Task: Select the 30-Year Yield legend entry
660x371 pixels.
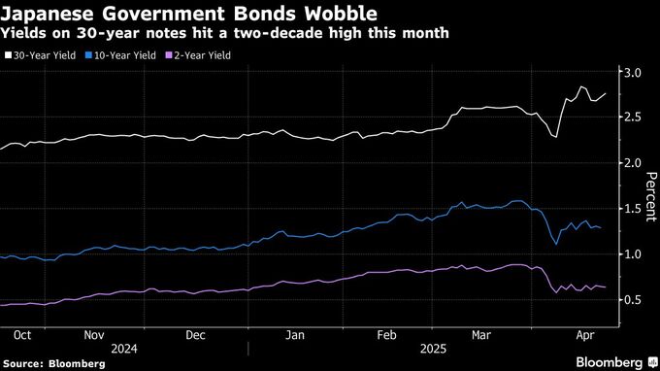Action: point(44,56)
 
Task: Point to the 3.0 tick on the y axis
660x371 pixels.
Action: point(632,73)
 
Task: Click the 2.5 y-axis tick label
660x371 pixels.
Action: point(632,118)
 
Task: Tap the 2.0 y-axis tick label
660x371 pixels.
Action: point(632,163)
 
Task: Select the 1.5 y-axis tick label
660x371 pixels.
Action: point(632,209)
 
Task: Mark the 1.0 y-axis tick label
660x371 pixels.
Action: point(632,254)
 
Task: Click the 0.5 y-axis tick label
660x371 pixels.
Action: point(632,300)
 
